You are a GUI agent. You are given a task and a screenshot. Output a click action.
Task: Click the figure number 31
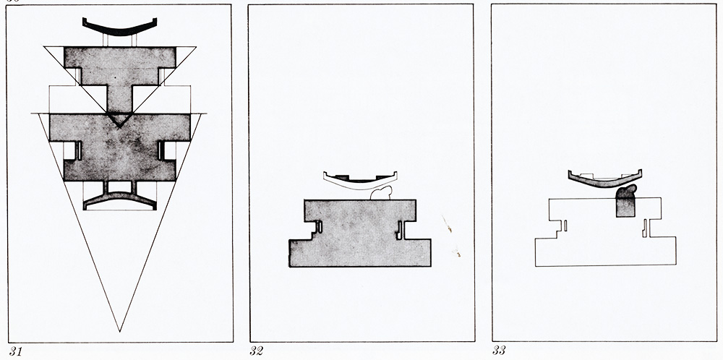click(x=16, y=352)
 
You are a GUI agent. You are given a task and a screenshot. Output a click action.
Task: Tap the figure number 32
click(x=257, y=351)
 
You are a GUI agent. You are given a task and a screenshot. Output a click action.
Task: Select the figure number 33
click(x=499, y=351)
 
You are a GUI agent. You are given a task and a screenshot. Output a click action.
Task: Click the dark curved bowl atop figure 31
click(x=120, y=30)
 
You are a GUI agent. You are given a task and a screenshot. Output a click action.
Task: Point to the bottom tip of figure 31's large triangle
click(x=120, y=332)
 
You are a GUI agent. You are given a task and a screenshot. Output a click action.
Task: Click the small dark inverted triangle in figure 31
click(x=119, y=121)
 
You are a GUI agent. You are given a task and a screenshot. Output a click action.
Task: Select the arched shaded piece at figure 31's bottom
click(x=120, y=197)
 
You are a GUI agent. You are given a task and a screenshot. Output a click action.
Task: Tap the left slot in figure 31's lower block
click(x=78, y=151)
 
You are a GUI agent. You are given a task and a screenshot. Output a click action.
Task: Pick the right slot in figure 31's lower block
click(x=161, y=151)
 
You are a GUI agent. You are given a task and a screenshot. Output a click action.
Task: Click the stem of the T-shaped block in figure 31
click(x=120, y=100)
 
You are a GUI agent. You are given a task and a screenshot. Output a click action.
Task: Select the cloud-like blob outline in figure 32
click(x=382, y=194)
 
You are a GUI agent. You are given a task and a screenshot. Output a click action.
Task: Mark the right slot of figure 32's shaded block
click(x=401, y=230)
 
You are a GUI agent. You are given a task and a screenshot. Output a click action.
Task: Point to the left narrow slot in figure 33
click(x=565, y=226)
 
